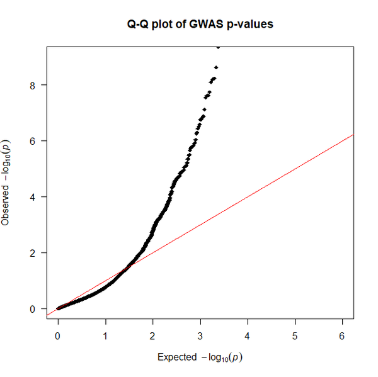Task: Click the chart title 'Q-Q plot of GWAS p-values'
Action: (200, 25)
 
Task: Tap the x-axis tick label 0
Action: (58, 336)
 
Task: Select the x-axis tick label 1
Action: (105, 336)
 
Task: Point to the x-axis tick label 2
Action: (152, 336)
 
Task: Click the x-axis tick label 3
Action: (200, 336)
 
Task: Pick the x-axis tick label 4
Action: (248, 336)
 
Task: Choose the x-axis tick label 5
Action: (295, 336)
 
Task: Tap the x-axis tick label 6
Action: (342, 336)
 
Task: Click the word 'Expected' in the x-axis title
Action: (177, 357)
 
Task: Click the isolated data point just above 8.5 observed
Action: (216, 67)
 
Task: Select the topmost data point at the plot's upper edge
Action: (218, 47)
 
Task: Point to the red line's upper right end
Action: (353, 135)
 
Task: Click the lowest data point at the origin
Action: (58, 308)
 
